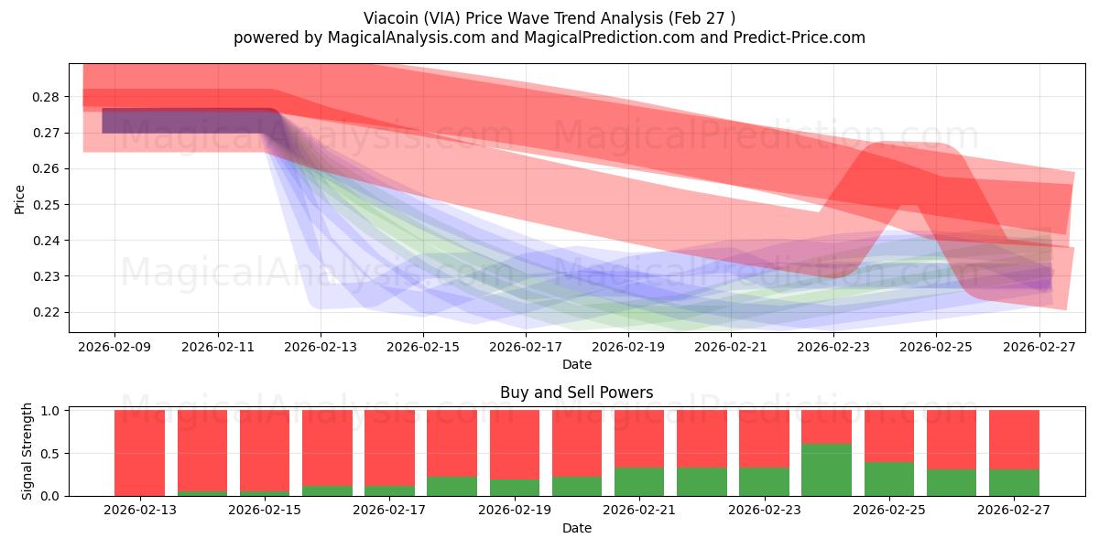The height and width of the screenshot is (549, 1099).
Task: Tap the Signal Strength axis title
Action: [x=27, y=451]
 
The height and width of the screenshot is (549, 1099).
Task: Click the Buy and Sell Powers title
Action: [x=576, y=393]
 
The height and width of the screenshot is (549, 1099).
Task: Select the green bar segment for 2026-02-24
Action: [x=826, y=469]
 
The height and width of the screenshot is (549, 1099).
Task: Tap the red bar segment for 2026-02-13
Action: [x=139, y=452]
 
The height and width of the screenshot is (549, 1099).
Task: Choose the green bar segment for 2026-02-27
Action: [x=1014, y=482]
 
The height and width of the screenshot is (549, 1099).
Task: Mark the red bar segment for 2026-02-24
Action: [x=826, y=426]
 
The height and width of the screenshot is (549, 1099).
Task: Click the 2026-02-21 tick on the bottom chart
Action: [x=639, y=511]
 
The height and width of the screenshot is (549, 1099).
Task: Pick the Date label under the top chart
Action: [x=576, y=364]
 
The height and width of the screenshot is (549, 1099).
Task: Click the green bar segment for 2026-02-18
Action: [x=452, y=486]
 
